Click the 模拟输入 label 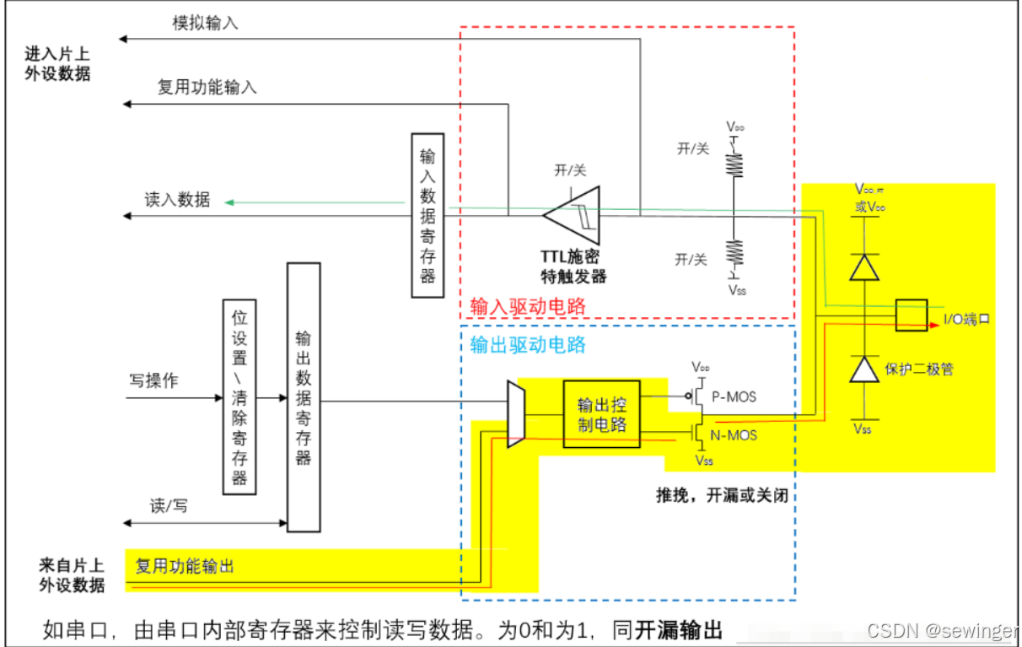point(206,23)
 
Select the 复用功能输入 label point(207,87)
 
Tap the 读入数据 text point(177,200)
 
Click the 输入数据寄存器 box point(428,214)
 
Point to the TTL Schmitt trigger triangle point(574,215)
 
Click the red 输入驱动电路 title point(527,305)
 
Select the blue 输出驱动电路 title point(528,344)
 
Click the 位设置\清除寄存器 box point(239,395)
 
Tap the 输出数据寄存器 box point(304,396)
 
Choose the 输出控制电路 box point(601,413)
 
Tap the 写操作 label point(153,380)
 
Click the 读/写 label point(169,506)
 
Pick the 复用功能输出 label point(185,566)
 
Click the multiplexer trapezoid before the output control point(516,413)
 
